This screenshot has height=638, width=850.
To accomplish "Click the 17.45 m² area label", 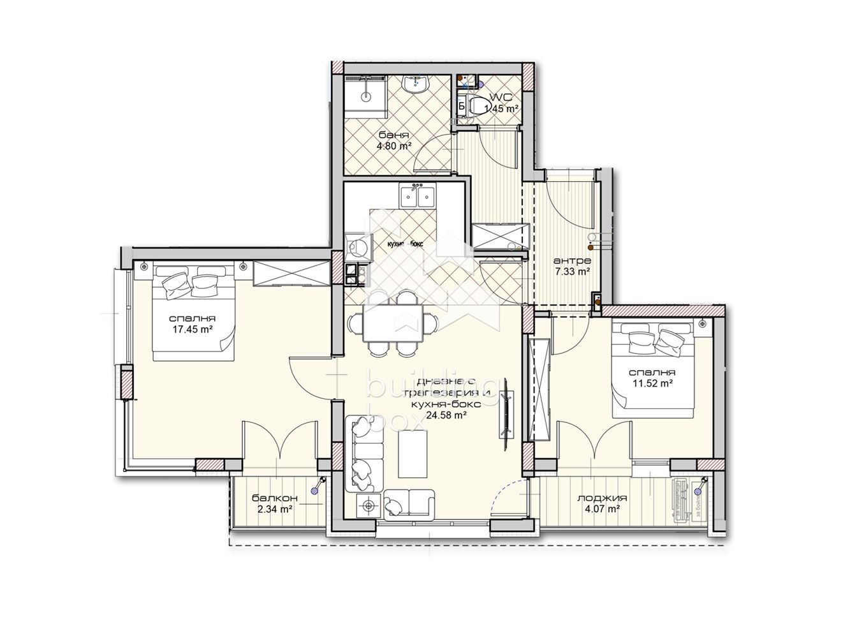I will click(191, 329).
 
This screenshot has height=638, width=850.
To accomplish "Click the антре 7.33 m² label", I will click(572, 266).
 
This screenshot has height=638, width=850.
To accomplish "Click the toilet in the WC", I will click(475, 106).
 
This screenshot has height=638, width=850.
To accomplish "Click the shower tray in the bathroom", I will click(365, 98).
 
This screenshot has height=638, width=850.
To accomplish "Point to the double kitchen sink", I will click(417, 196).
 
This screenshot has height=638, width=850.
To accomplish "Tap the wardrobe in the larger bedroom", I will click(291, 274).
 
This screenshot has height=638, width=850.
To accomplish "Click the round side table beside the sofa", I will click(367, 506).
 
